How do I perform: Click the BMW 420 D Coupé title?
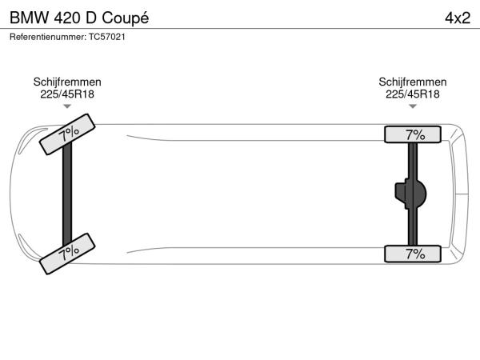pos(79,18)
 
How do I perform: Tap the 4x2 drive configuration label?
pos(458,18)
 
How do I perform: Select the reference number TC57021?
pos(107,37)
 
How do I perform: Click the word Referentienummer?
pos(48,37)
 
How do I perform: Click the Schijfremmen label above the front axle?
pos(67,82)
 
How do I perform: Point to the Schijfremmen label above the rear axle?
pos(413,82)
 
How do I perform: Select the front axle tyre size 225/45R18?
pos(67,94)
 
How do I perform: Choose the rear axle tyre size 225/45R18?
pos(413,94)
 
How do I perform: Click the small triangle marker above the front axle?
pos(67,106)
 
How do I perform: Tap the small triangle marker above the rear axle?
pos(413,106)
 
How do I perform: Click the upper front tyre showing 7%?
pos(67,134)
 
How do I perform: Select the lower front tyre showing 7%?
pos(67,254)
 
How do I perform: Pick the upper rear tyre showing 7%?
pos(413,134)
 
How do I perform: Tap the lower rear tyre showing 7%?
pos(413,254)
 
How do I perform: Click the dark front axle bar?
pos(67,194)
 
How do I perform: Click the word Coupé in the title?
pos(126,18)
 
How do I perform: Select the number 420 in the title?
pos(67,18)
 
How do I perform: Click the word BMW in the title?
pos(30,18)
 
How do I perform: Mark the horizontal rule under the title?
pos(240,29)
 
